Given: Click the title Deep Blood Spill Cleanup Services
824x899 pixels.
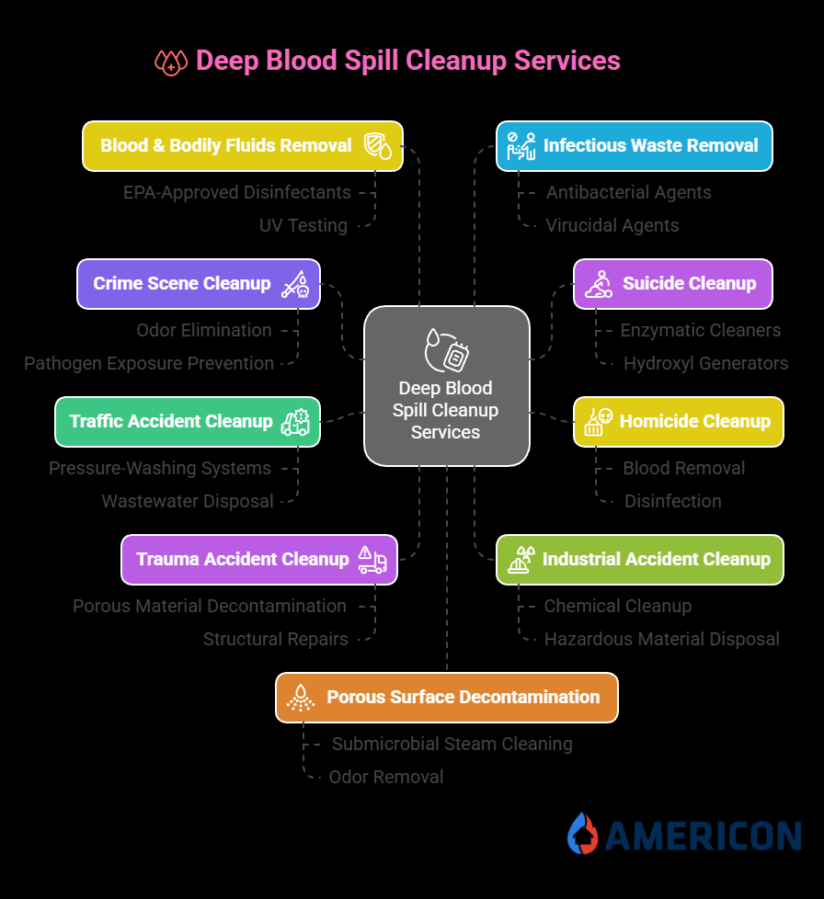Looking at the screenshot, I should [407, 61].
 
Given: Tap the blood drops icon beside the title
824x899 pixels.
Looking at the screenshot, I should [171, 62].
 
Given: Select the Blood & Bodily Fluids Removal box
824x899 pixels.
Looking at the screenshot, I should [243, 146].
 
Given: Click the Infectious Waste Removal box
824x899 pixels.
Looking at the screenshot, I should [634, 146].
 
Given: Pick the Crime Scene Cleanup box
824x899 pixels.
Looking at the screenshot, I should [198, 284].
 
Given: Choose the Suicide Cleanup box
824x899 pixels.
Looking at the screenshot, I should [672, 284].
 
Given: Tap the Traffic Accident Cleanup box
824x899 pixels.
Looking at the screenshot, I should [187, 422].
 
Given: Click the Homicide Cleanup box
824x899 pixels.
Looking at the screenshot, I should [678, 422].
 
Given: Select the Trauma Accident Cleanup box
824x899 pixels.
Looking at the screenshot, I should [258, 560].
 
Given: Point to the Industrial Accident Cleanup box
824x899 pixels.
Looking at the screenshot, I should [639, 560].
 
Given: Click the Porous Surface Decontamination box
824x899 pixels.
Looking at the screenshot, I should [446, 698].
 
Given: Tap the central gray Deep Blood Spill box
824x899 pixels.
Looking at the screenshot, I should [446, 386].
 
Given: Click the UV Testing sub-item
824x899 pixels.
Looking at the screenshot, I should [303, 226].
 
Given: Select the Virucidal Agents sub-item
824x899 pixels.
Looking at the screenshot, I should [612, 226].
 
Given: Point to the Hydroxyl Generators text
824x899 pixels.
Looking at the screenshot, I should [705, 364].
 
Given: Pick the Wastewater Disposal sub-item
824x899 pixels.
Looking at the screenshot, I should [188, 502].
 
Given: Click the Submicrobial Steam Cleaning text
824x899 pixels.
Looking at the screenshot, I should [452, 745].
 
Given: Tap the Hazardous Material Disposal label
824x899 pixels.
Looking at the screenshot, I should [661, 640].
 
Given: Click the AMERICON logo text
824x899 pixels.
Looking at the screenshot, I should [703, 836].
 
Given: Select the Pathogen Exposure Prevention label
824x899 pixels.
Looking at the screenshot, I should [149, 364].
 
